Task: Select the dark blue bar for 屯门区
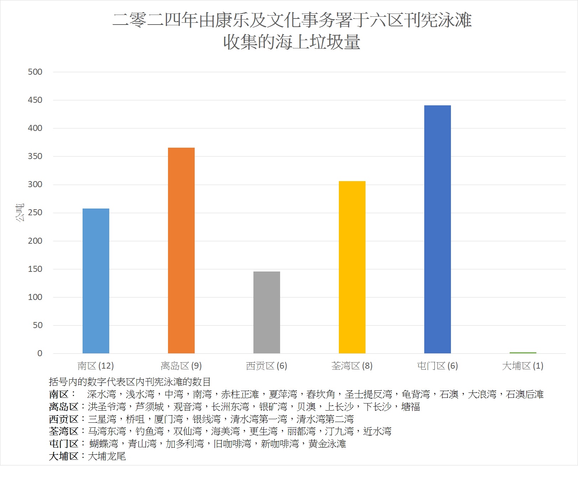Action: click(x=437, y=229)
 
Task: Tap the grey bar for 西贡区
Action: click(x=267, y=312)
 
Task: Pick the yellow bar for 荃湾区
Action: click(x=352, y=267)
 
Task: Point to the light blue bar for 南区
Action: click(x=96, y=281)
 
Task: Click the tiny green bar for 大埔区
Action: click(x=523, y=353)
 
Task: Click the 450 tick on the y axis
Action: click(x=35, y=100)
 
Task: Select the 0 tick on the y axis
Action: click(x=40, y=353)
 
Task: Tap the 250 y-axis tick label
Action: click(x=35, y=212)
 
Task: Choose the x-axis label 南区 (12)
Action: click(x=96, y=366)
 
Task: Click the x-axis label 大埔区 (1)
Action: click(x=522, y=366)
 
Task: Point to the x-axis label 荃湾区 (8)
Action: click(x=352, y=366)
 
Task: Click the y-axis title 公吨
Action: click(x=20, y=212)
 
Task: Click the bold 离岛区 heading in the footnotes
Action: click(x=63, y=407)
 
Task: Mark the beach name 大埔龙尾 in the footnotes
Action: click(x=107, y=456)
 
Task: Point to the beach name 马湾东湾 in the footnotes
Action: click(x=107, y=431)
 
